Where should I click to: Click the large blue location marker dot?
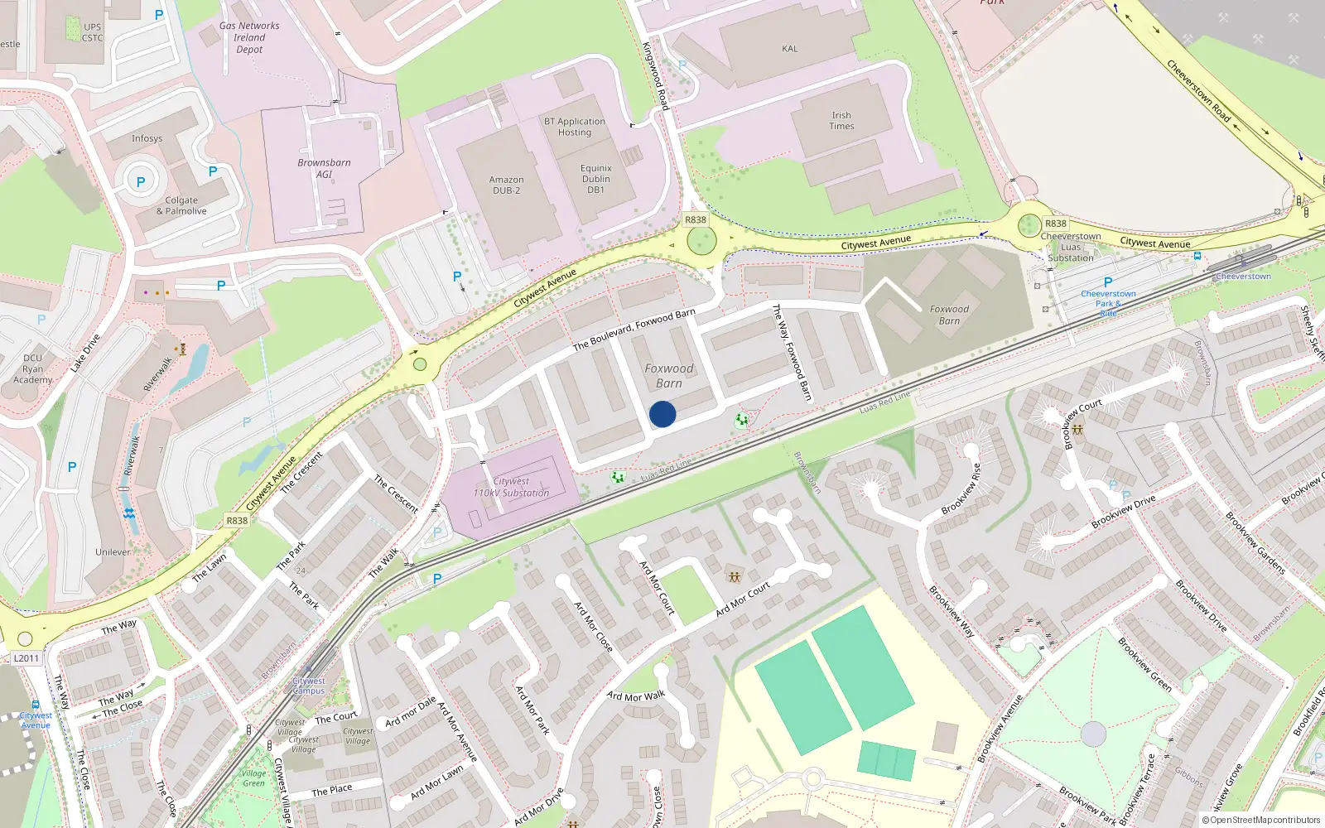click(x=662, y=414)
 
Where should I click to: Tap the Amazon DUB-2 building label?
click(x=506, y=185)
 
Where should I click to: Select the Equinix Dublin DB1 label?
click(x=595, y=179)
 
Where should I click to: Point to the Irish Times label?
click(x=841, y=121)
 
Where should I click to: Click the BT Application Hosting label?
click(x=575, y=127)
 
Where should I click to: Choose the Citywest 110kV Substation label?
click(x=511, y=487)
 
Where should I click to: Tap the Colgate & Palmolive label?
click(x=181, y=205)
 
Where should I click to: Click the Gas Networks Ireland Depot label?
click(x=249, y=37)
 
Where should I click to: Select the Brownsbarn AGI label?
click(x=324, y=168)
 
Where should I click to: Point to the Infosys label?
click(x=147, y=138)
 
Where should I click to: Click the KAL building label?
click(x=790, y=49)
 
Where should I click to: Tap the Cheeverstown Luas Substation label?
click(x=1071, y=247)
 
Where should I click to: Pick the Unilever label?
click(x=113, y=552)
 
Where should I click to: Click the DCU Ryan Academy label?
click(x=33, y=369)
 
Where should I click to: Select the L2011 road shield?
click(x=26, y=658)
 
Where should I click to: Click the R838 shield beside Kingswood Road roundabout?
click(x=696, y=219)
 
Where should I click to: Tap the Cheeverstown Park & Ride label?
click(x=1108, y=303)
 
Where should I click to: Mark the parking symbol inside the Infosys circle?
click(x=141, y=182)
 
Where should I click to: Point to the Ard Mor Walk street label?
click(x=636, y=696)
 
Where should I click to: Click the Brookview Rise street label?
click(x=961, y=489)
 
